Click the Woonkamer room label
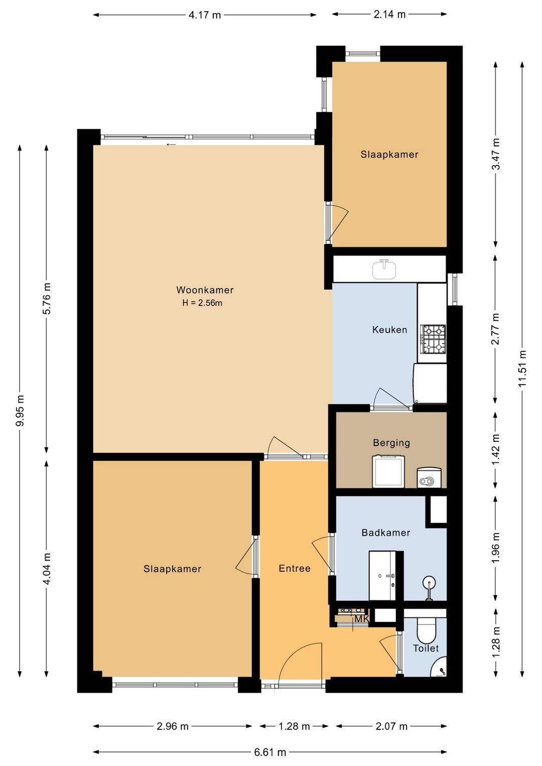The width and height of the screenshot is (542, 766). point(205,290)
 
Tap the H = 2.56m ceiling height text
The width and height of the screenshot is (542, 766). point(202,303)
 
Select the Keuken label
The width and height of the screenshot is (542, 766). point(389,330)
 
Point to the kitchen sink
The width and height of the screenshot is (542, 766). point(384,269)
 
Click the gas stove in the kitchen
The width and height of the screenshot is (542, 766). point(434,339)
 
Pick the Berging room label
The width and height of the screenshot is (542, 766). point(391,443)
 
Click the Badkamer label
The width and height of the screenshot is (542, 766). point(386,533)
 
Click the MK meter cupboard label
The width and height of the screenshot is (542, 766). point(361,619)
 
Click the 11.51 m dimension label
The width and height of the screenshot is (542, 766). point(522,369)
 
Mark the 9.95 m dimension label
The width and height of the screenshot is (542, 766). point(20,411)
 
